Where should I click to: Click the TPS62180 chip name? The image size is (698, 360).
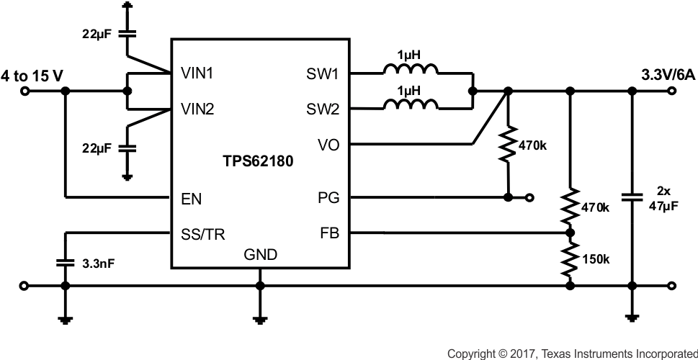coord(257,163)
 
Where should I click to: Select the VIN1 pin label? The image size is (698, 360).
coord(195,73)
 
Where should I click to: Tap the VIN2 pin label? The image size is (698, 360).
coord(195,109)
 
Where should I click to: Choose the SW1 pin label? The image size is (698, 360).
coord(323,73)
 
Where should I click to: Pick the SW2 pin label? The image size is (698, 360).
coord(323,109)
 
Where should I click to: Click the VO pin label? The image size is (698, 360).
coord(328,145)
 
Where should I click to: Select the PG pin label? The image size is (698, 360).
coord(328,197)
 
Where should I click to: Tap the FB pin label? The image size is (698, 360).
coord(328,233)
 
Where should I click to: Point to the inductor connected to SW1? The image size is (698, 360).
coord(409,70)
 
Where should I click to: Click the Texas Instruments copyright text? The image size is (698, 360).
coord(572,353)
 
